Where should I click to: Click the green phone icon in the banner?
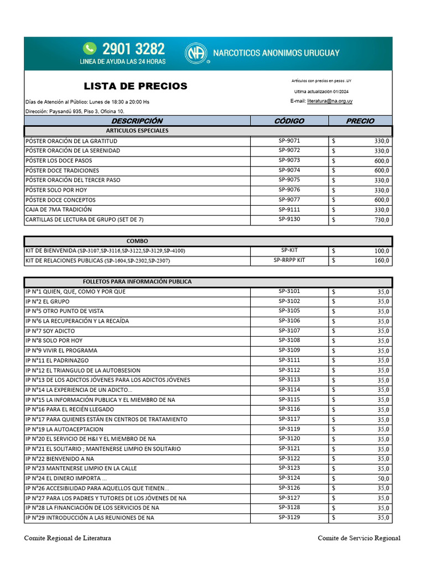click(89, 49)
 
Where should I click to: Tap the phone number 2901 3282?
click(133, 49)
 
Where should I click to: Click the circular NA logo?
click(195, 54)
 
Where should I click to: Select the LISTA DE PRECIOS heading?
click(136, 86)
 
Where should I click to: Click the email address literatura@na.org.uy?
click(330, 101)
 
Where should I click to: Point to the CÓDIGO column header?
click(289, 121)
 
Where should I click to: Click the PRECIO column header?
click(360, 121)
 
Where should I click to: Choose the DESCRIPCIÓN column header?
click(137, 121)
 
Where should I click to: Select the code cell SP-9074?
click(289, 170)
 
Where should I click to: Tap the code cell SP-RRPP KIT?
click(289, 260)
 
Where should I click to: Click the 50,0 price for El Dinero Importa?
click(383, 478)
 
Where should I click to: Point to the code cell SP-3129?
click(289, 517)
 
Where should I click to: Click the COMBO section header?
click(137, 241)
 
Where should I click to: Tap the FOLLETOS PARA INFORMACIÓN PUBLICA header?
click(137, 281)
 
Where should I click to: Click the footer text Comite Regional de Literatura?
click(67, 538)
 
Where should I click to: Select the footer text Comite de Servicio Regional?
click(359, 538)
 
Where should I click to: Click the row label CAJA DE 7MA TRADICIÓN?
click(59, 210)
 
